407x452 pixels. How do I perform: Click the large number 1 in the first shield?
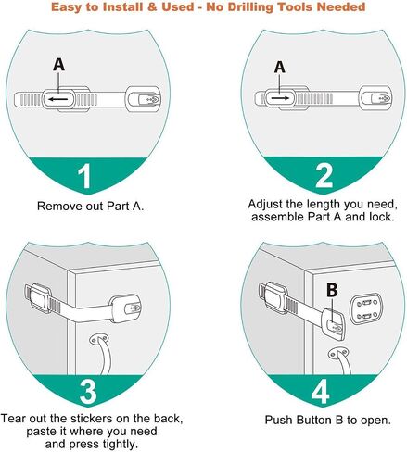84,176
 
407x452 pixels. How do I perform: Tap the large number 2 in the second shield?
324,175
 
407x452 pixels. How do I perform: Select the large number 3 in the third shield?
88,392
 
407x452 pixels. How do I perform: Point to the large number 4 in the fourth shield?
320,392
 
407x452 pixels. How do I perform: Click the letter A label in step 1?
58,65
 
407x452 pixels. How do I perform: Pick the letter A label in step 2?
279,67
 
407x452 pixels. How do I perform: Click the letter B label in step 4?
332,290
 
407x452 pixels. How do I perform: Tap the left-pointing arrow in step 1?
58,99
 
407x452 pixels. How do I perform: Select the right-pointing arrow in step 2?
280,98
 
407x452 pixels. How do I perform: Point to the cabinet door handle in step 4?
341,361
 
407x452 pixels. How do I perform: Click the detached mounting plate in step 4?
366,308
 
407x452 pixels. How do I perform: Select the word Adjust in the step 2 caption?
265,205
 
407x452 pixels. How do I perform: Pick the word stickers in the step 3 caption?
91,419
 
